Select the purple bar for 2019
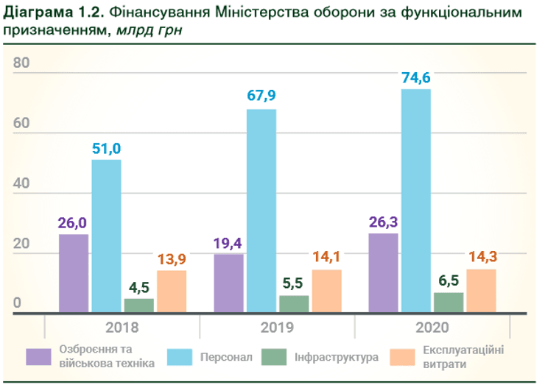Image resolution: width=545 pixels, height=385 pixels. coord(228,283)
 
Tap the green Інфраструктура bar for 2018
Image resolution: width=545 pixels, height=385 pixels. coord(138,305)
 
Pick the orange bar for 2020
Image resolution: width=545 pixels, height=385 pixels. coord(481,291)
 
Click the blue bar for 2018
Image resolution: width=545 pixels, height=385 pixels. coord(106,236)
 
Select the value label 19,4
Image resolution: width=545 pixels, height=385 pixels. coord(228,243)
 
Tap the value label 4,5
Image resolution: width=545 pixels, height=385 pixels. coord(138,287)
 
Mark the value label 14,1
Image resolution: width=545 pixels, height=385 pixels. coord(327,258)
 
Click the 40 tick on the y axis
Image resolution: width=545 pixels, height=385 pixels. coord(21,184)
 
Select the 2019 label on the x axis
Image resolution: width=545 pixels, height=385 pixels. coord(277,328)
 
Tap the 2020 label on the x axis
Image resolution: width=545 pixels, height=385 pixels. coord(432,328)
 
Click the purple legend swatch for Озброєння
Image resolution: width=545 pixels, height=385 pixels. coord(38,357)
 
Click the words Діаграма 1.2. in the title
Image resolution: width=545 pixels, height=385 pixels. coord(49,14)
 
